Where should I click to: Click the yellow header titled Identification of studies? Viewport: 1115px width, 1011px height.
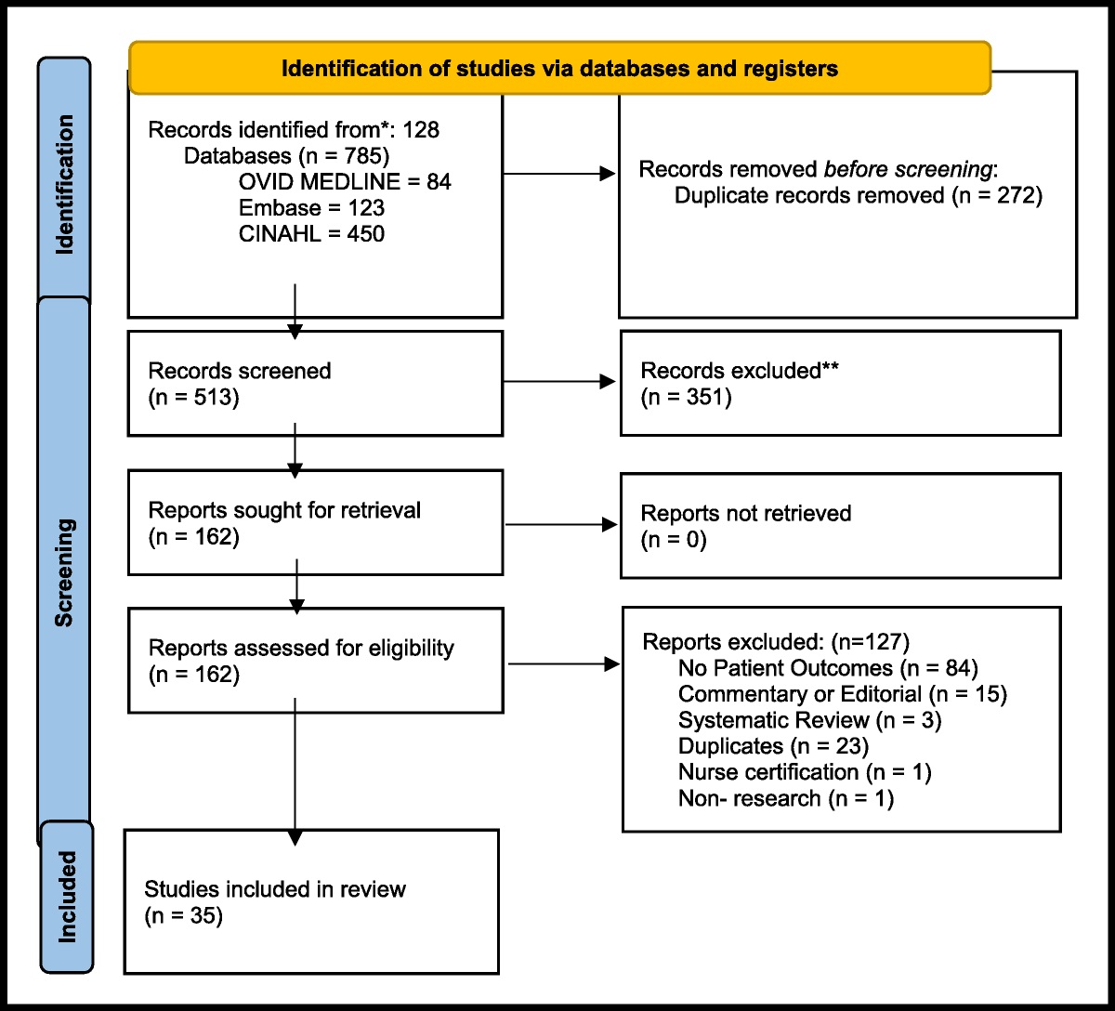559,69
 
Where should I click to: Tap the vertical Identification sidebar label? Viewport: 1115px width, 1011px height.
64,184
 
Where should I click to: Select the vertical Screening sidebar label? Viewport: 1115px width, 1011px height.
64,572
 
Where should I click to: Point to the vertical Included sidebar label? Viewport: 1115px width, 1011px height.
67,896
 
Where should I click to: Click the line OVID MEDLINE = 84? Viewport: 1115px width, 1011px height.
345,182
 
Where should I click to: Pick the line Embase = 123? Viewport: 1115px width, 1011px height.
311,208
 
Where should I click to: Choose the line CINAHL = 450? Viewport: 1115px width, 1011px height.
311,234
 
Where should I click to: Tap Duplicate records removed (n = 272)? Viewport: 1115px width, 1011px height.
859,195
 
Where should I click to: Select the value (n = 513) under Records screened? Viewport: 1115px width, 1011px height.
193,398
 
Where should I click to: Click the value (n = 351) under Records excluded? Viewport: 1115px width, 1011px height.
686,398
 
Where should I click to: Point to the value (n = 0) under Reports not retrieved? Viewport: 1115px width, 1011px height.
674,540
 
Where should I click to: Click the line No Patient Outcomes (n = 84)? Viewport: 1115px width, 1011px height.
828,667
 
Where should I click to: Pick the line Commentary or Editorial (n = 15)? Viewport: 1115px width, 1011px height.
842,694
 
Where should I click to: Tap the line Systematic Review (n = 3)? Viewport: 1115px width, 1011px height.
809,720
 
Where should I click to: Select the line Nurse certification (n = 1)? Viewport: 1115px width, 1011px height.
805,772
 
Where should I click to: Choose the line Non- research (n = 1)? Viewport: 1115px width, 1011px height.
785,798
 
